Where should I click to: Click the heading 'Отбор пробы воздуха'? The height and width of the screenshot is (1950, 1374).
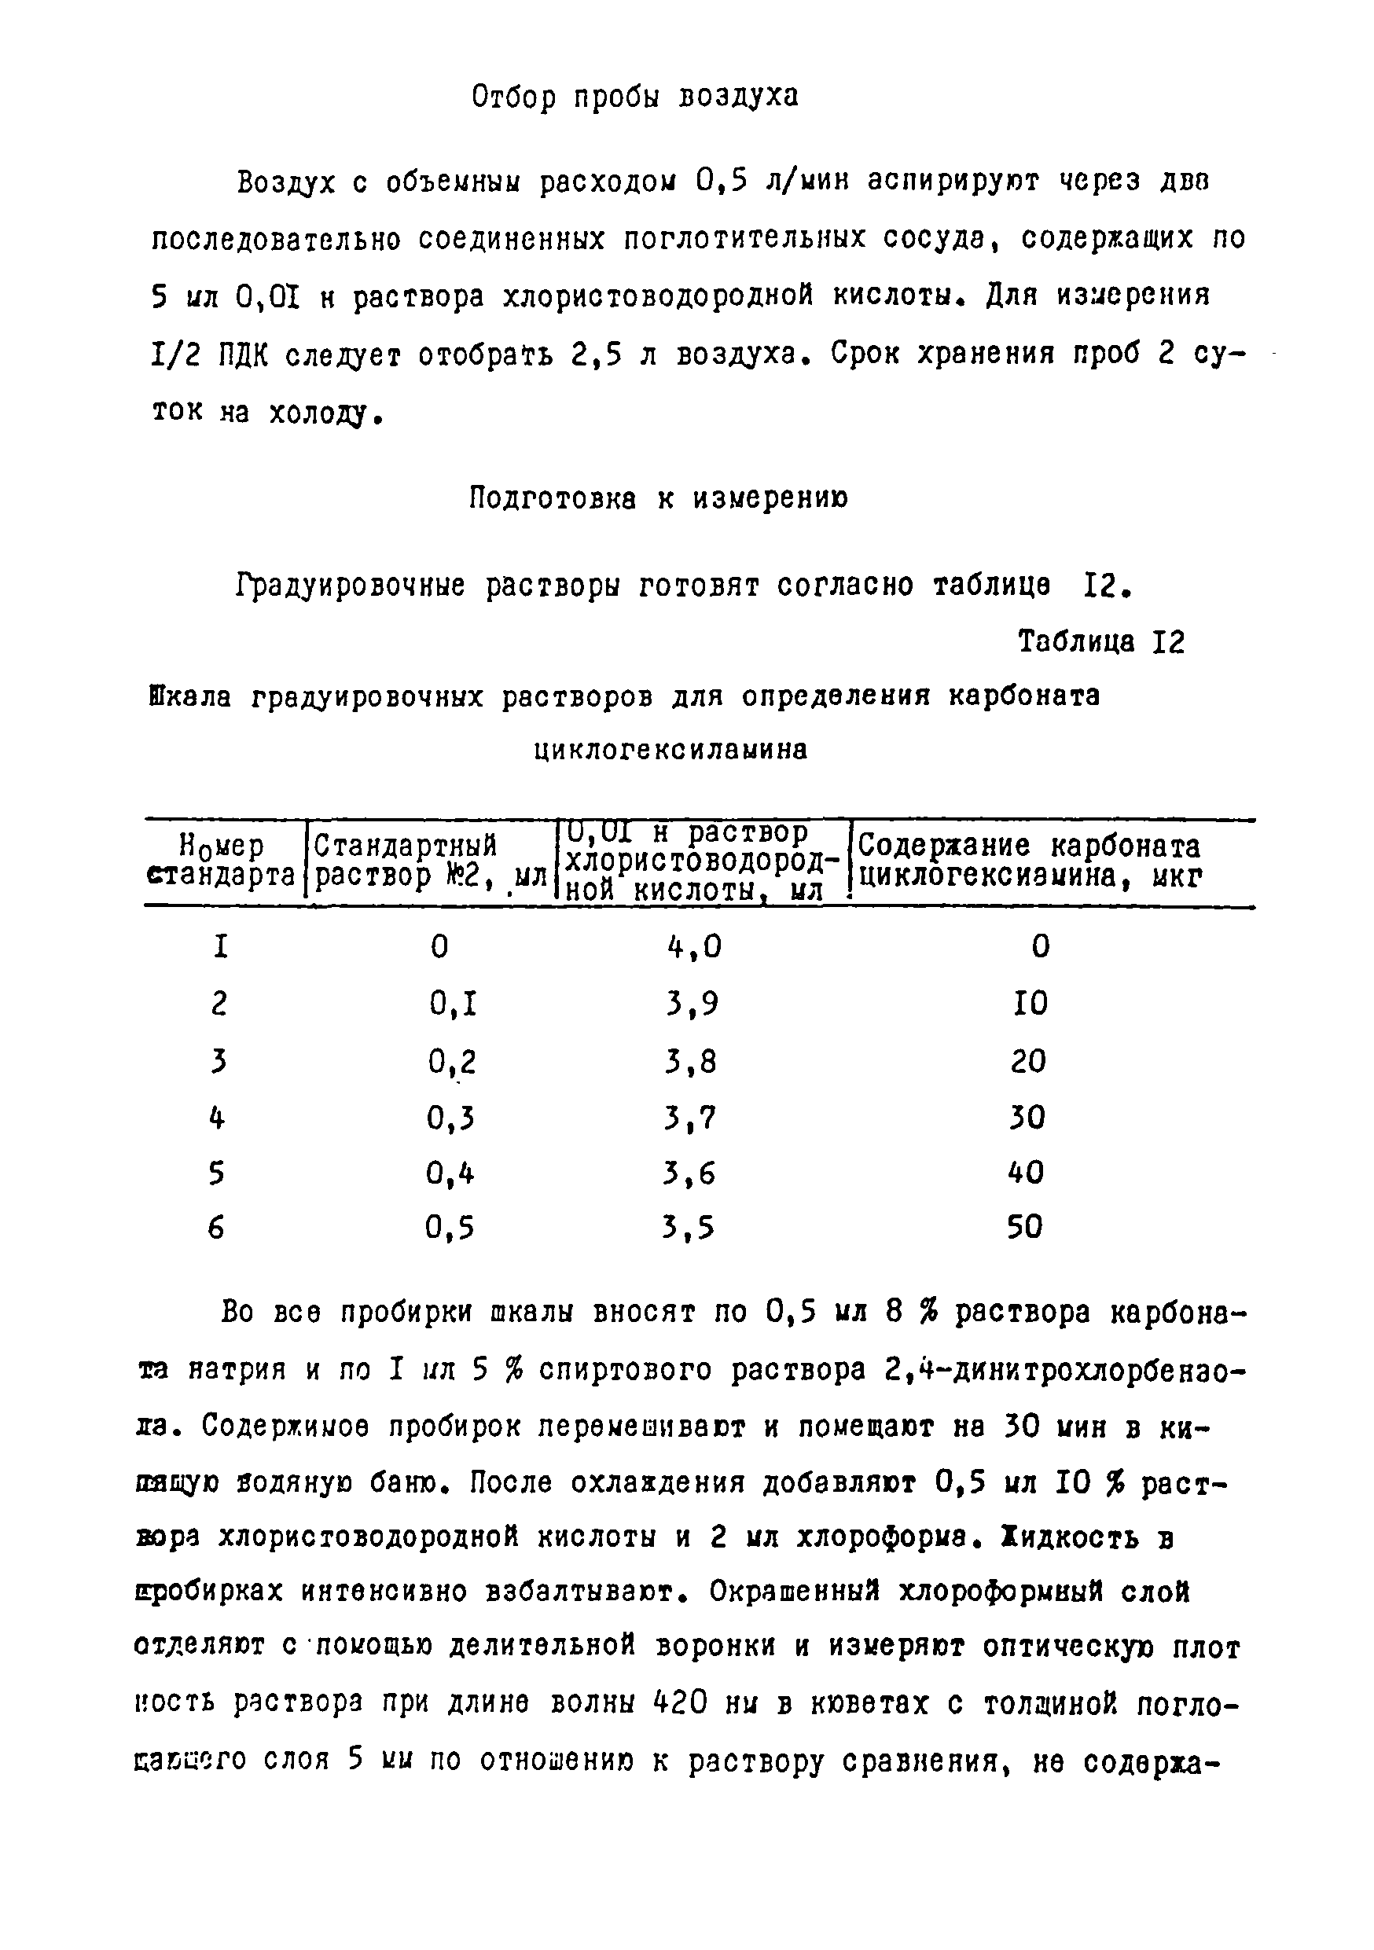point(634,97)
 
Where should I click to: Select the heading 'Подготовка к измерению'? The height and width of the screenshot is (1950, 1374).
point(658,498)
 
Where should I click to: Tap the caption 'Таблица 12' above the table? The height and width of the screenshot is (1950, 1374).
point(1100,642)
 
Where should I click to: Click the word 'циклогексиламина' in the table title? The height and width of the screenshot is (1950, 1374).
point(670,750)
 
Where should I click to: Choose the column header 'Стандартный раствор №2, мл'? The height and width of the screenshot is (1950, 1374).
point(429,861)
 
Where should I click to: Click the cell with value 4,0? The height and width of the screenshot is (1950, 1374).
point(694,946)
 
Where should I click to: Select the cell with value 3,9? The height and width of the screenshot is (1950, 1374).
point(692,1004)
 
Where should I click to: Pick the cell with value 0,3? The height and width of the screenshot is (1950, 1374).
point(451,1118)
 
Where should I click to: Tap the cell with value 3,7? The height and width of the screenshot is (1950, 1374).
point(690,1118)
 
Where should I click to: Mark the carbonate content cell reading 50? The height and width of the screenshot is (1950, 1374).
point(1025,1226)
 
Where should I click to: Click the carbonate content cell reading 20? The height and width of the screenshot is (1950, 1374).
point(1028,1061)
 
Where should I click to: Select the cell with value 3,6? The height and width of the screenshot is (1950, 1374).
point(689,1173)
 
